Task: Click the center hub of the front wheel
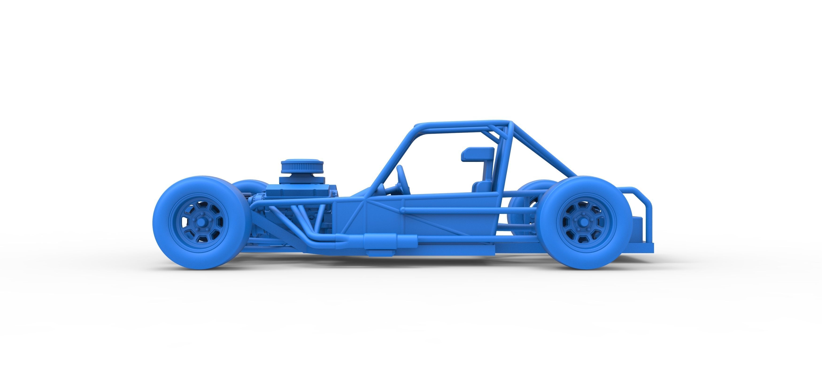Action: pos(201,222)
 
